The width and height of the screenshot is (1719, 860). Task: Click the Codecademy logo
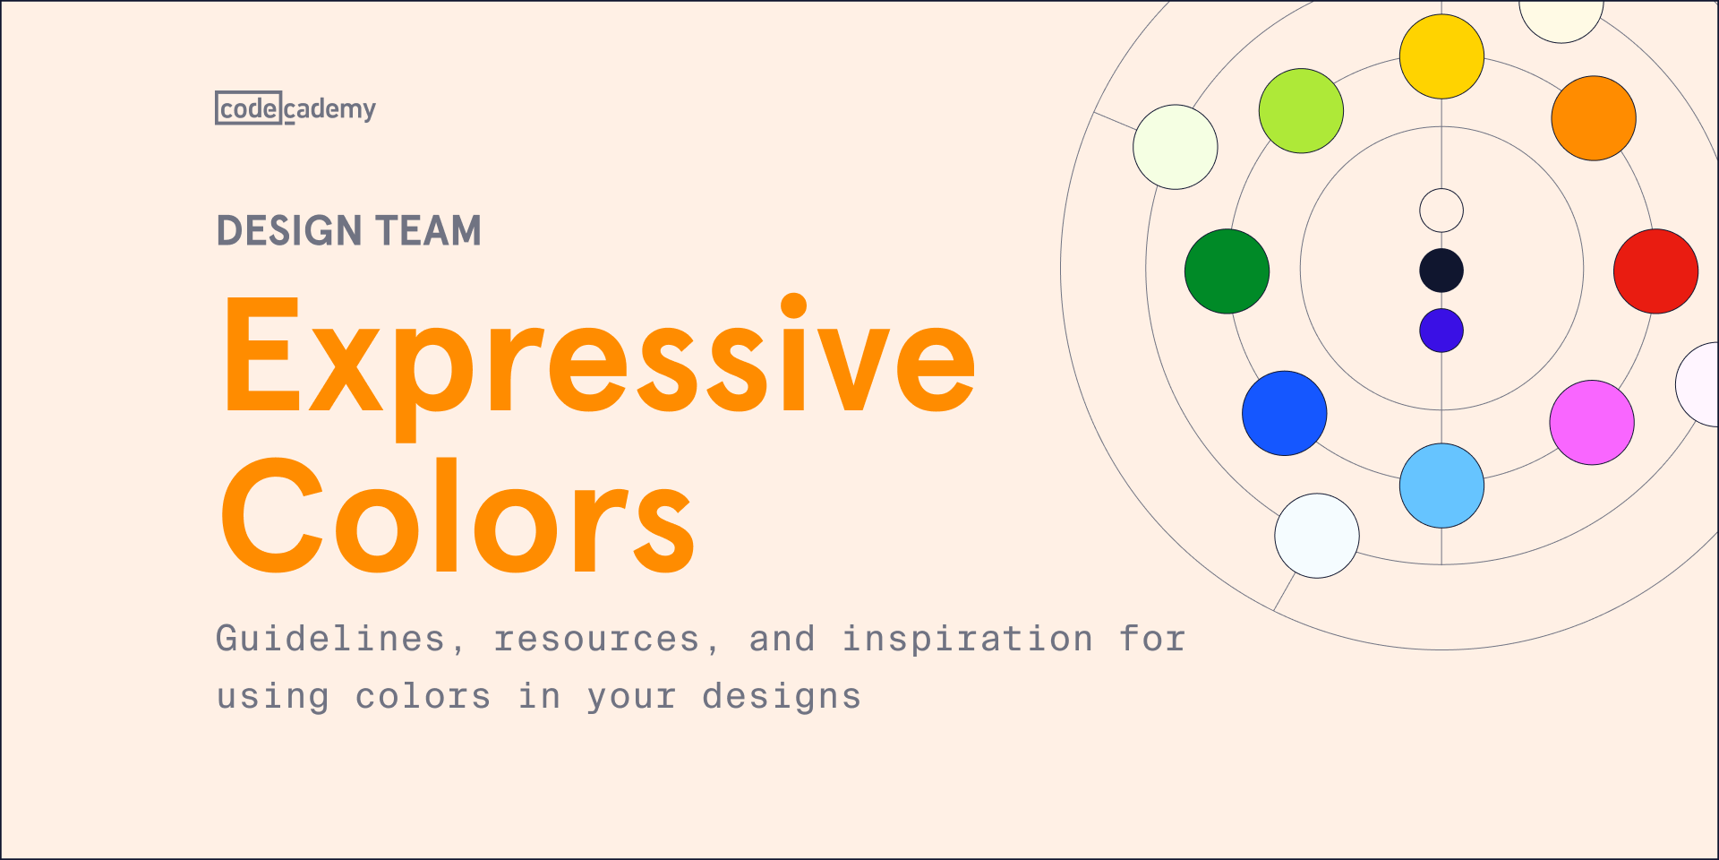click(x=295, y=108)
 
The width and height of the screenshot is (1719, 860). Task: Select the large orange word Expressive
click(x=598, y=358)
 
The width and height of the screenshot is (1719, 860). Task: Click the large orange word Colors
click(x=457, y=518)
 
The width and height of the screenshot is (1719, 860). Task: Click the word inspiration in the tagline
click(x=967, y=640)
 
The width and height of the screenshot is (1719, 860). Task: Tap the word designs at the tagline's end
click(x=781, y=697)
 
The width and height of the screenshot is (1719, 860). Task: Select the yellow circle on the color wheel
click(x=1441, y=56)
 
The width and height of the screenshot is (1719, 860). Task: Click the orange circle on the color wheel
click(x=1593, y=118)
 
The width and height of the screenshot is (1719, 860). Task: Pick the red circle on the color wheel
click(x=1655, y=271)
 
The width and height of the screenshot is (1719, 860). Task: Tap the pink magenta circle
click(x=1591, y=423)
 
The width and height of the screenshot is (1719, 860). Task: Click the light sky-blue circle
click(x=1441, y=486)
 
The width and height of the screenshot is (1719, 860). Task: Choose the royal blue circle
click(x=1284, y=413)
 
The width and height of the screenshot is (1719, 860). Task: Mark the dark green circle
click(x=1227, y=271)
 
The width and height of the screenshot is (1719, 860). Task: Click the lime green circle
click(x=1301, y=111)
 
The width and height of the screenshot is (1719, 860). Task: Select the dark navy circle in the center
click(x=1441, y=271)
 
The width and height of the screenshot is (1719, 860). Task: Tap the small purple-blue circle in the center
click(x=1441, y=331)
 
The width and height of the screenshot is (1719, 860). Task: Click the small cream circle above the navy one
click(x=1441, y=211)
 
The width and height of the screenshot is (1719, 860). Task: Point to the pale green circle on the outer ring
click(x=1175, y=147)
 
